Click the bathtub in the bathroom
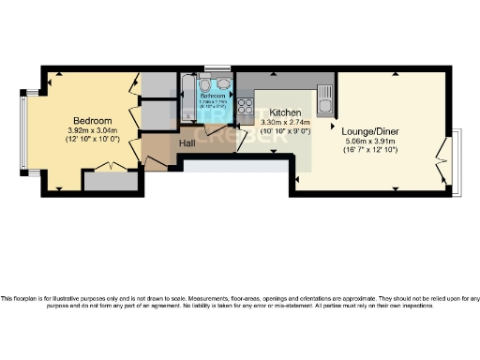[188, 102]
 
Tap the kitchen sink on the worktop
[324, 97]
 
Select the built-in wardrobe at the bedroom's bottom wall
[108, 178]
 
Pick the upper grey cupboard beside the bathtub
[155, 82]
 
